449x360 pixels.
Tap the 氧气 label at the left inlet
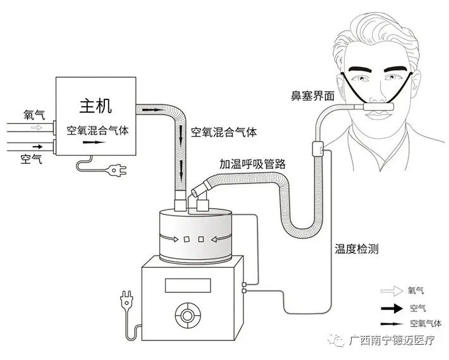tap(34, 115)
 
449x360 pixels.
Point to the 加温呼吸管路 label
tap(253, 163)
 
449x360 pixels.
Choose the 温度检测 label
tap(356, 249)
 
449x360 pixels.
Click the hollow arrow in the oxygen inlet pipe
tap(37, 128)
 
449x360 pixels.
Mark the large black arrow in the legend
tap(392, 309)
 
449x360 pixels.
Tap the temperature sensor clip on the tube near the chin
tap(317, 150)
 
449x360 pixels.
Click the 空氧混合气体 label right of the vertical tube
tap(223, 133)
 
